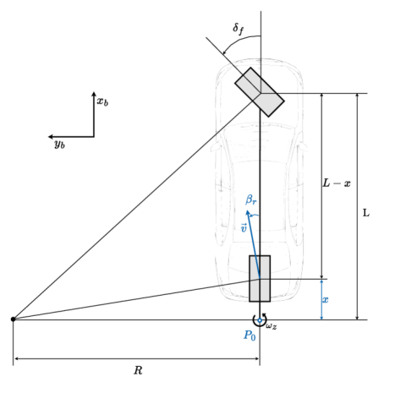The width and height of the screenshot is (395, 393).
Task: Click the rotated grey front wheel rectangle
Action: click(x=259, y=92)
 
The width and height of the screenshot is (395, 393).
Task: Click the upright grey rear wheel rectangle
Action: click(x=260, y=278)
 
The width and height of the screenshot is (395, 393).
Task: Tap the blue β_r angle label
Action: click(x=251, y=200)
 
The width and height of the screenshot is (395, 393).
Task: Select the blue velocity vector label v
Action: click(x=244, y=228)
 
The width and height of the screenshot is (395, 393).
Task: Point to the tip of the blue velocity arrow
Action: click(x=247, y=211)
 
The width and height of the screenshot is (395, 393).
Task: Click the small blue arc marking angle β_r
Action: click(x=254, y=215)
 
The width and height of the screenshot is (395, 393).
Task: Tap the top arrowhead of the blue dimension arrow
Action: click(x=321, y=281)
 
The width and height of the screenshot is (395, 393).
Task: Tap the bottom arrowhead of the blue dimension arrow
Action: click(x=321, y=317)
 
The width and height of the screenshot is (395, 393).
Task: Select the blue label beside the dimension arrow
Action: click(x=326, y=300)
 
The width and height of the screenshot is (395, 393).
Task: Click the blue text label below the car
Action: click(x=250, y=336)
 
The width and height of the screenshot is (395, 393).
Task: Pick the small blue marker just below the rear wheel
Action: click(x=260, y=320)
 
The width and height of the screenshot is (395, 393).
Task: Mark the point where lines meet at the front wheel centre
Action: click(x=260, y=93)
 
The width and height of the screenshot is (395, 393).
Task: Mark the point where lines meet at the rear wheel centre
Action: click(x=260, y=279)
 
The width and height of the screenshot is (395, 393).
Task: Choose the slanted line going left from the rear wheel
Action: click(x=224, y=285)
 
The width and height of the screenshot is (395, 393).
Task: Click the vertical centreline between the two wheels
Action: click(x=260, y=169)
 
